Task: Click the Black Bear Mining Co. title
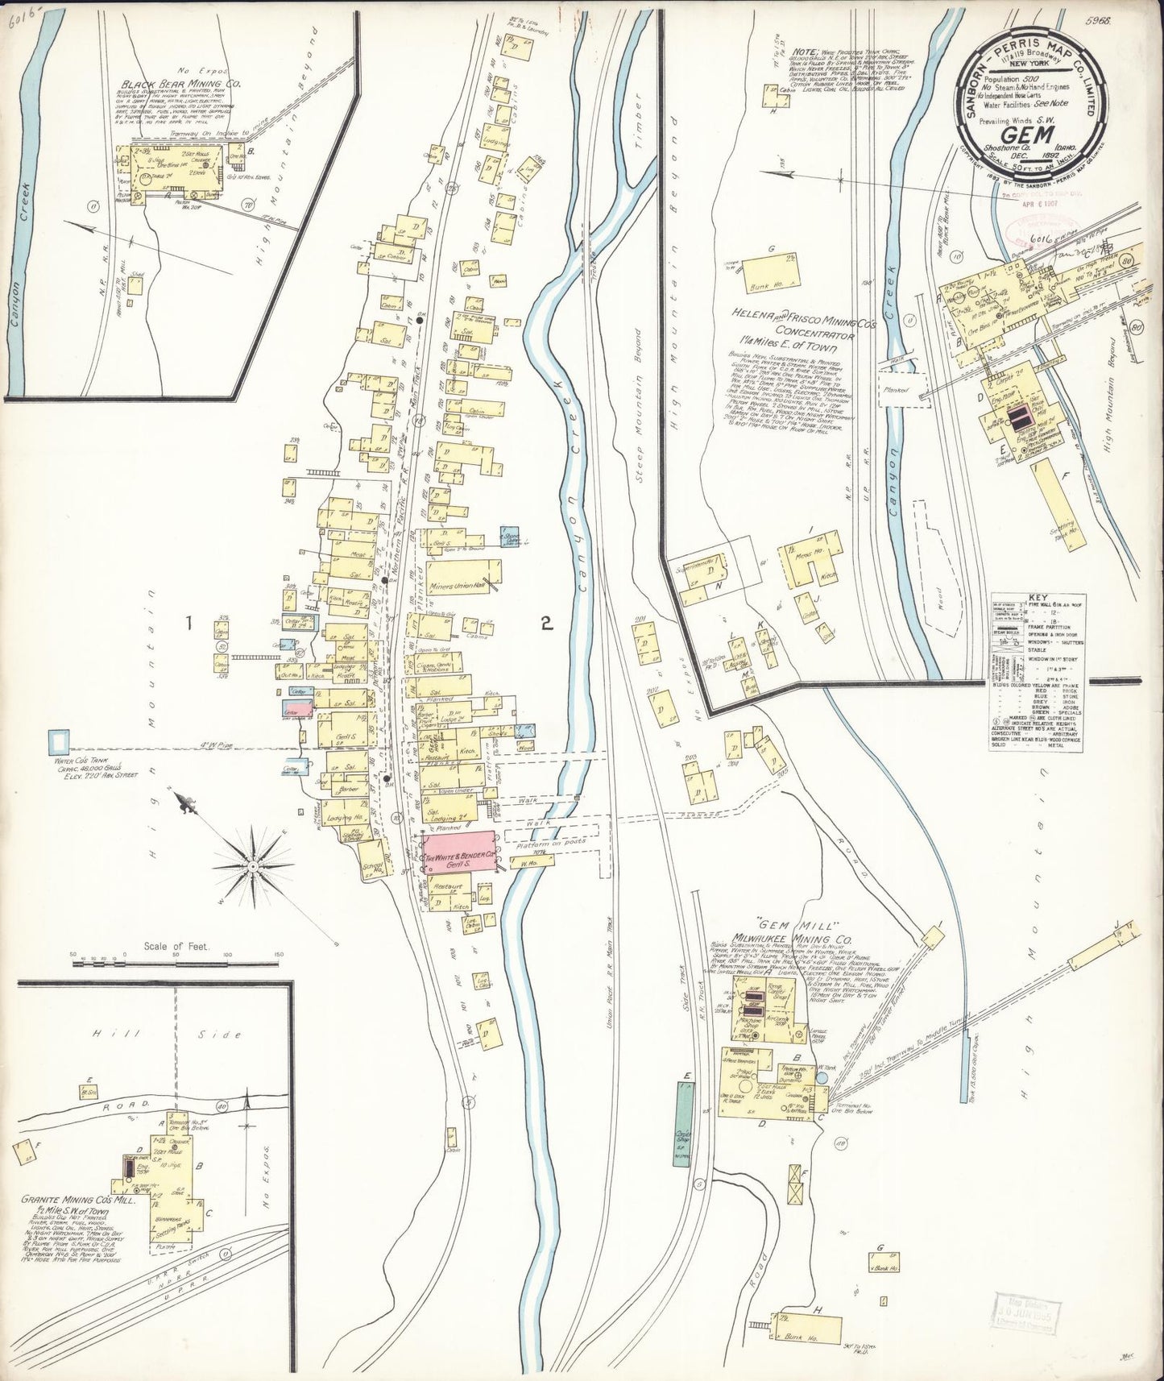click(172, 83)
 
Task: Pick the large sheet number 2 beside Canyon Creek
click(547, 622)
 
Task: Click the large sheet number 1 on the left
click(189, 623)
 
